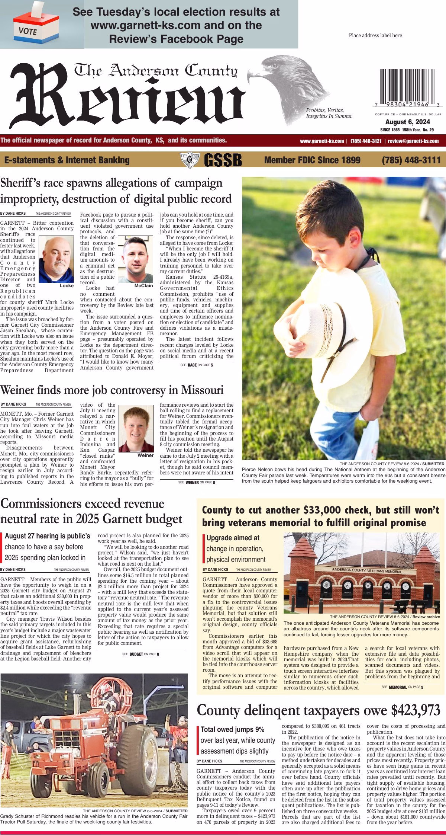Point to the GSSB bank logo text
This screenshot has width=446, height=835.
click(223, 160)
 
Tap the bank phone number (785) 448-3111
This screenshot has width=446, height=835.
click(411, 160)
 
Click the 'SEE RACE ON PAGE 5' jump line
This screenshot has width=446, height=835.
click(197, 365)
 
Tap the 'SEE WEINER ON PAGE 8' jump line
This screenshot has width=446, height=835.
click(197, 482)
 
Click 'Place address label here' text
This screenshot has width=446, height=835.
click(375, 36)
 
